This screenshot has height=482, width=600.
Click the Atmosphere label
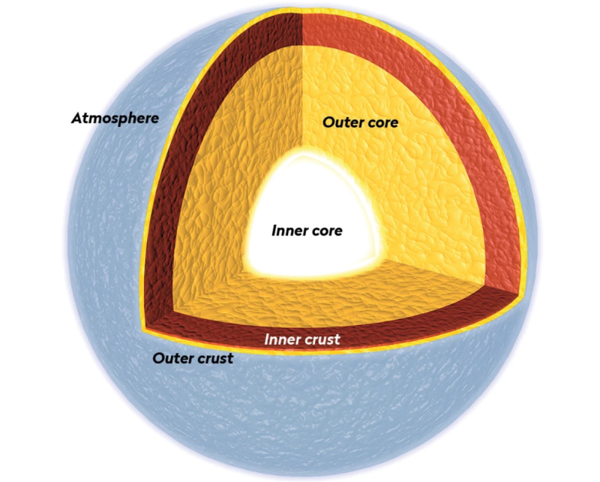[x=115, y=118]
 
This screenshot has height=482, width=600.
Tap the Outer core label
[x=360, y=121]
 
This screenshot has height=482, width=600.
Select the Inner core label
[x=307, y=230]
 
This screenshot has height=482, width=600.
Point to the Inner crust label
[x=302, y=339]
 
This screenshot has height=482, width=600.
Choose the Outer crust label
[x=193, y=358]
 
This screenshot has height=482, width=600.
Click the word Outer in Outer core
[x=341, y=121]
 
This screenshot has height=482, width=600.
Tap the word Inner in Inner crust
[x=282, y=339]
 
